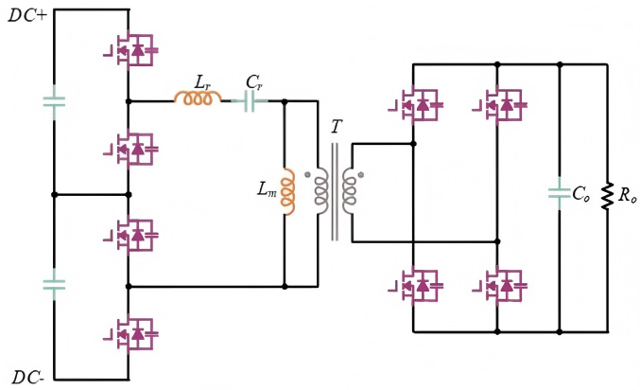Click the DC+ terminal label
coord(28,16)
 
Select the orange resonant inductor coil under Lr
coord(198,98)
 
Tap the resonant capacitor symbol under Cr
coord(251,100)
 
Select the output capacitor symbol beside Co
coord(560,193)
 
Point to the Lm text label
coord(268,188)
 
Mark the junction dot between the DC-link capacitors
coord(54,195)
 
